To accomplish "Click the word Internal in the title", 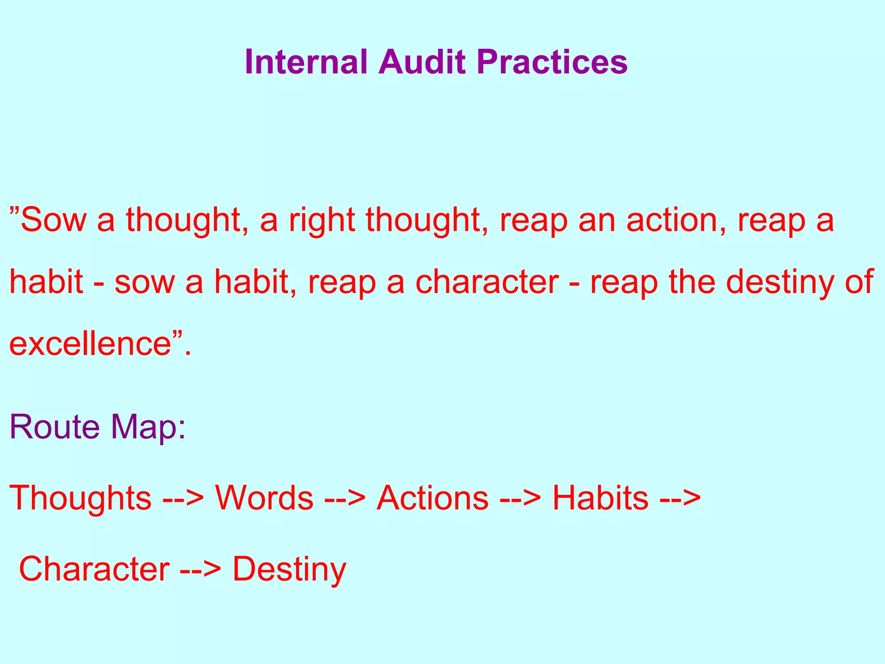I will (306, 62).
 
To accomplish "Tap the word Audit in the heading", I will (422, 62).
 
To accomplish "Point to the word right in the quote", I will (322, 220).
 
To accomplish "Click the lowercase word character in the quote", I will (487, 282).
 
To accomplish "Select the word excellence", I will (90, 344).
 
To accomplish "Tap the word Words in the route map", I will (264, 498).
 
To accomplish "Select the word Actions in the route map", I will (433, 498).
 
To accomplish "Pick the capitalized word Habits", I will (601, 498).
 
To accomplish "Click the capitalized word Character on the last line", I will (94, 568).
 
